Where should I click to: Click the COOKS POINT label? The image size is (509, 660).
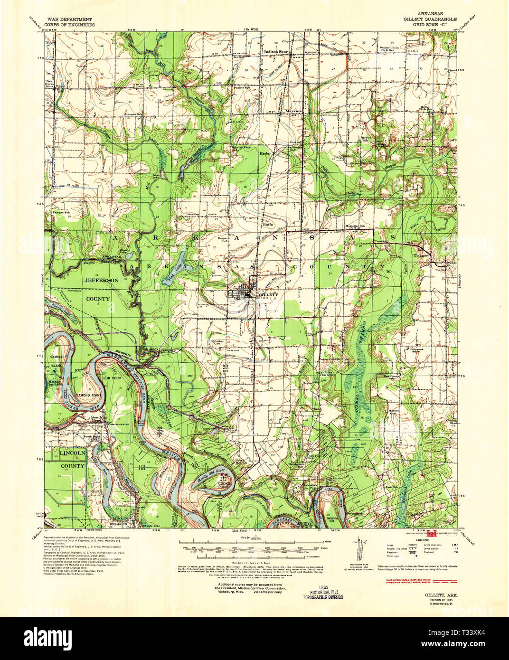coord(224,485)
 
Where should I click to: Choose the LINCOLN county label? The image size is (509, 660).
coord(72,454)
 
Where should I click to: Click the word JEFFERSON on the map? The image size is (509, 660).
coord(102,281)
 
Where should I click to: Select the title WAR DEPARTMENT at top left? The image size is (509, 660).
coord(66,19)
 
